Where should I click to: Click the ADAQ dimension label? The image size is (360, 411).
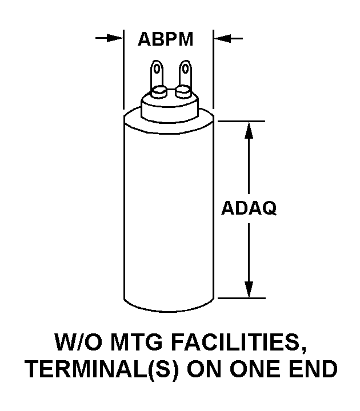click(249, 209)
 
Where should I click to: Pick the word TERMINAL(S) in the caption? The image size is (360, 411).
click(96, 370)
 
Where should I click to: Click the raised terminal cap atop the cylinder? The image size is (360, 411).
click(170, 107)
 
